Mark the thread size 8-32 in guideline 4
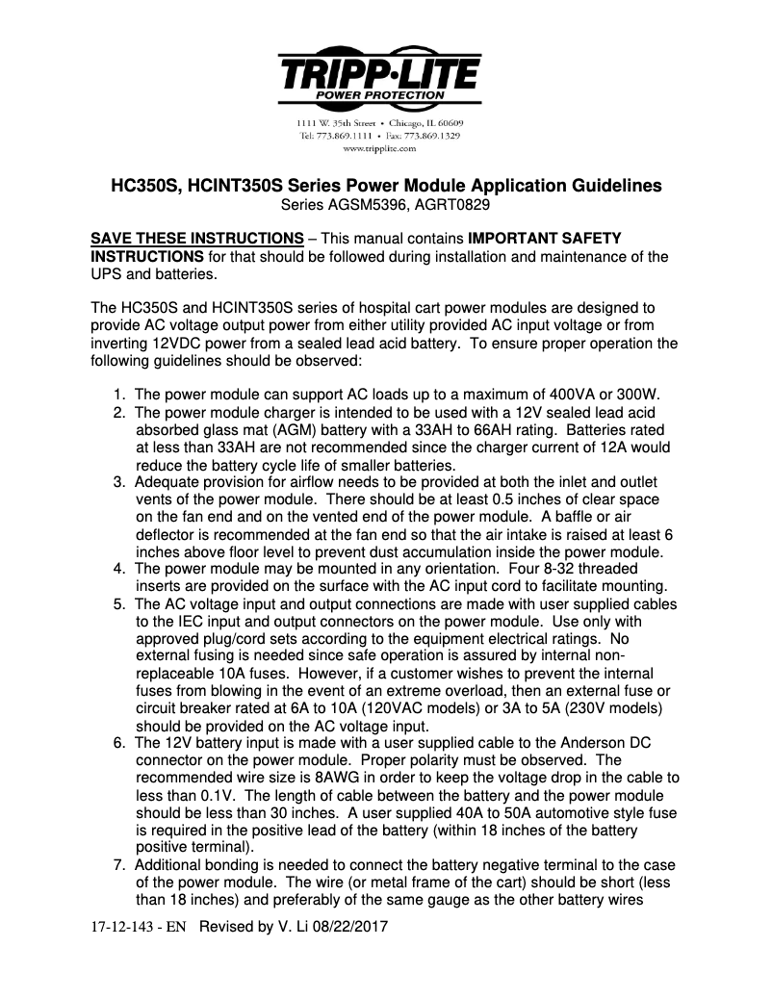(570, 569)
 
